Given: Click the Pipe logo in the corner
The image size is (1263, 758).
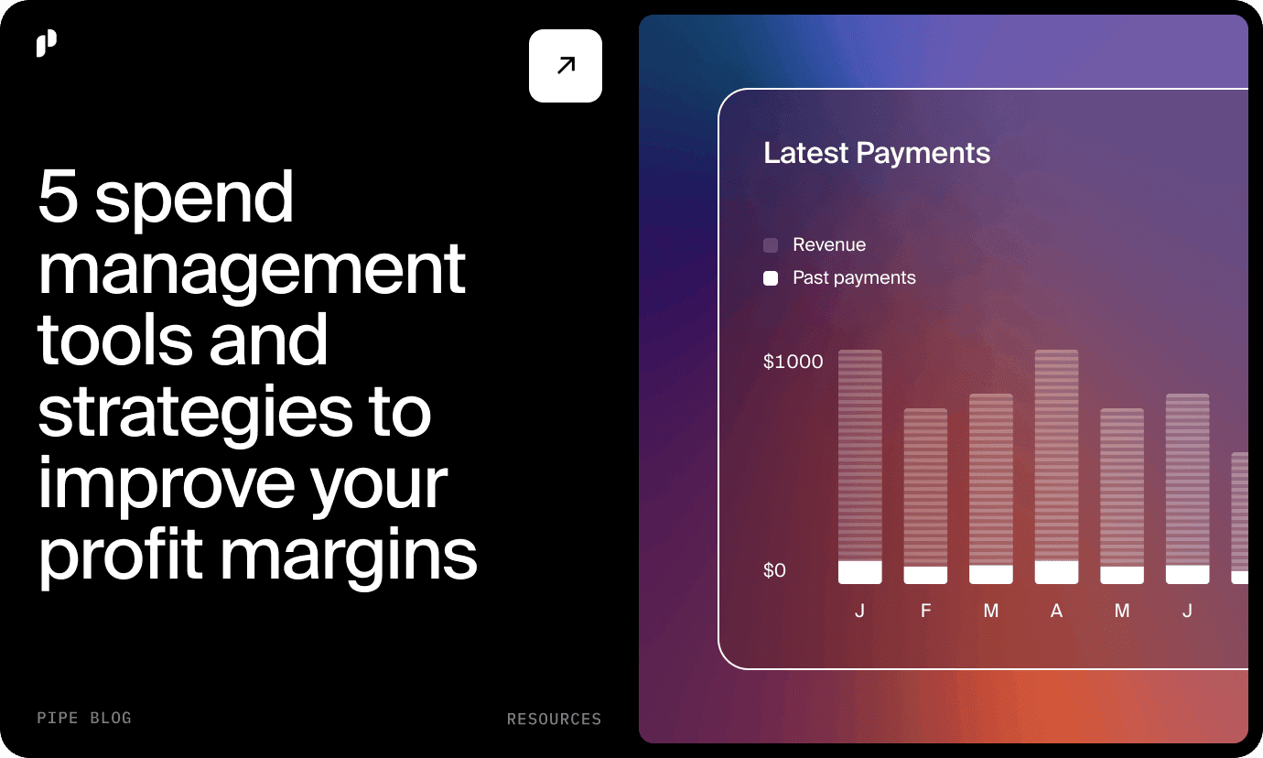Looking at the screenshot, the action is click(47, 43).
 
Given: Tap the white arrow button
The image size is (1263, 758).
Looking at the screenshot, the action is click(566, 66).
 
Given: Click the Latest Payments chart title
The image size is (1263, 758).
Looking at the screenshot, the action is click(877, 153).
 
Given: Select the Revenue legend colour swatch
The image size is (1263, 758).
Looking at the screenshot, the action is click(771, 245).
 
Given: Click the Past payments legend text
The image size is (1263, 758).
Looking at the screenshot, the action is click(854, 277).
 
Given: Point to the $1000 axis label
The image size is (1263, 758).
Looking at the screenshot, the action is click(793, 362).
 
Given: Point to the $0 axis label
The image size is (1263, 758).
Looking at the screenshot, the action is click(774, 570).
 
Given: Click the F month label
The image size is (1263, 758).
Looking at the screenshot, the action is click(925, 611).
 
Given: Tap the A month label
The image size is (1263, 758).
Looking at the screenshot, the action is click(1057, 611).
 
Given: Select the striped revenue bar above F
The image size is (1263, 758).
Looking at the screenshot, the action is click(925, 487).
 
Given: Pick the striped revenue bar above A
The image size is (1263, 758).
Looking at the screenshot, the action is click(1057, 455).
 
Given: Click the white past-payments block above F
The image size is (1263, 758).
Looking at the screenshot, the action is click(925, 575).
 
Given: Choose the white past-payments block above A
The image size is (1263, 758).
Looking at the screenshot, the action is click(1057, 572).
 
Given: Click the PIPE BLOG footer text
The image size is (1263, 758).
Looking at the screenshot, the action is click(84, 718).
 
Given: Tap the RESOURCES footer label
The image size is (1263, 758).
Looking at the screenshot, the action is click(555, 719).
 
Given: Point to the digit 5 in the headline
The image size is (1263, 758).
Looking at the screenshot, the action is click(58, 196).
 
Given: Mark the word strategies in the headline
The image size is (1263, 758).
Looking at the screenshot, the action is click(195, 414).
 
